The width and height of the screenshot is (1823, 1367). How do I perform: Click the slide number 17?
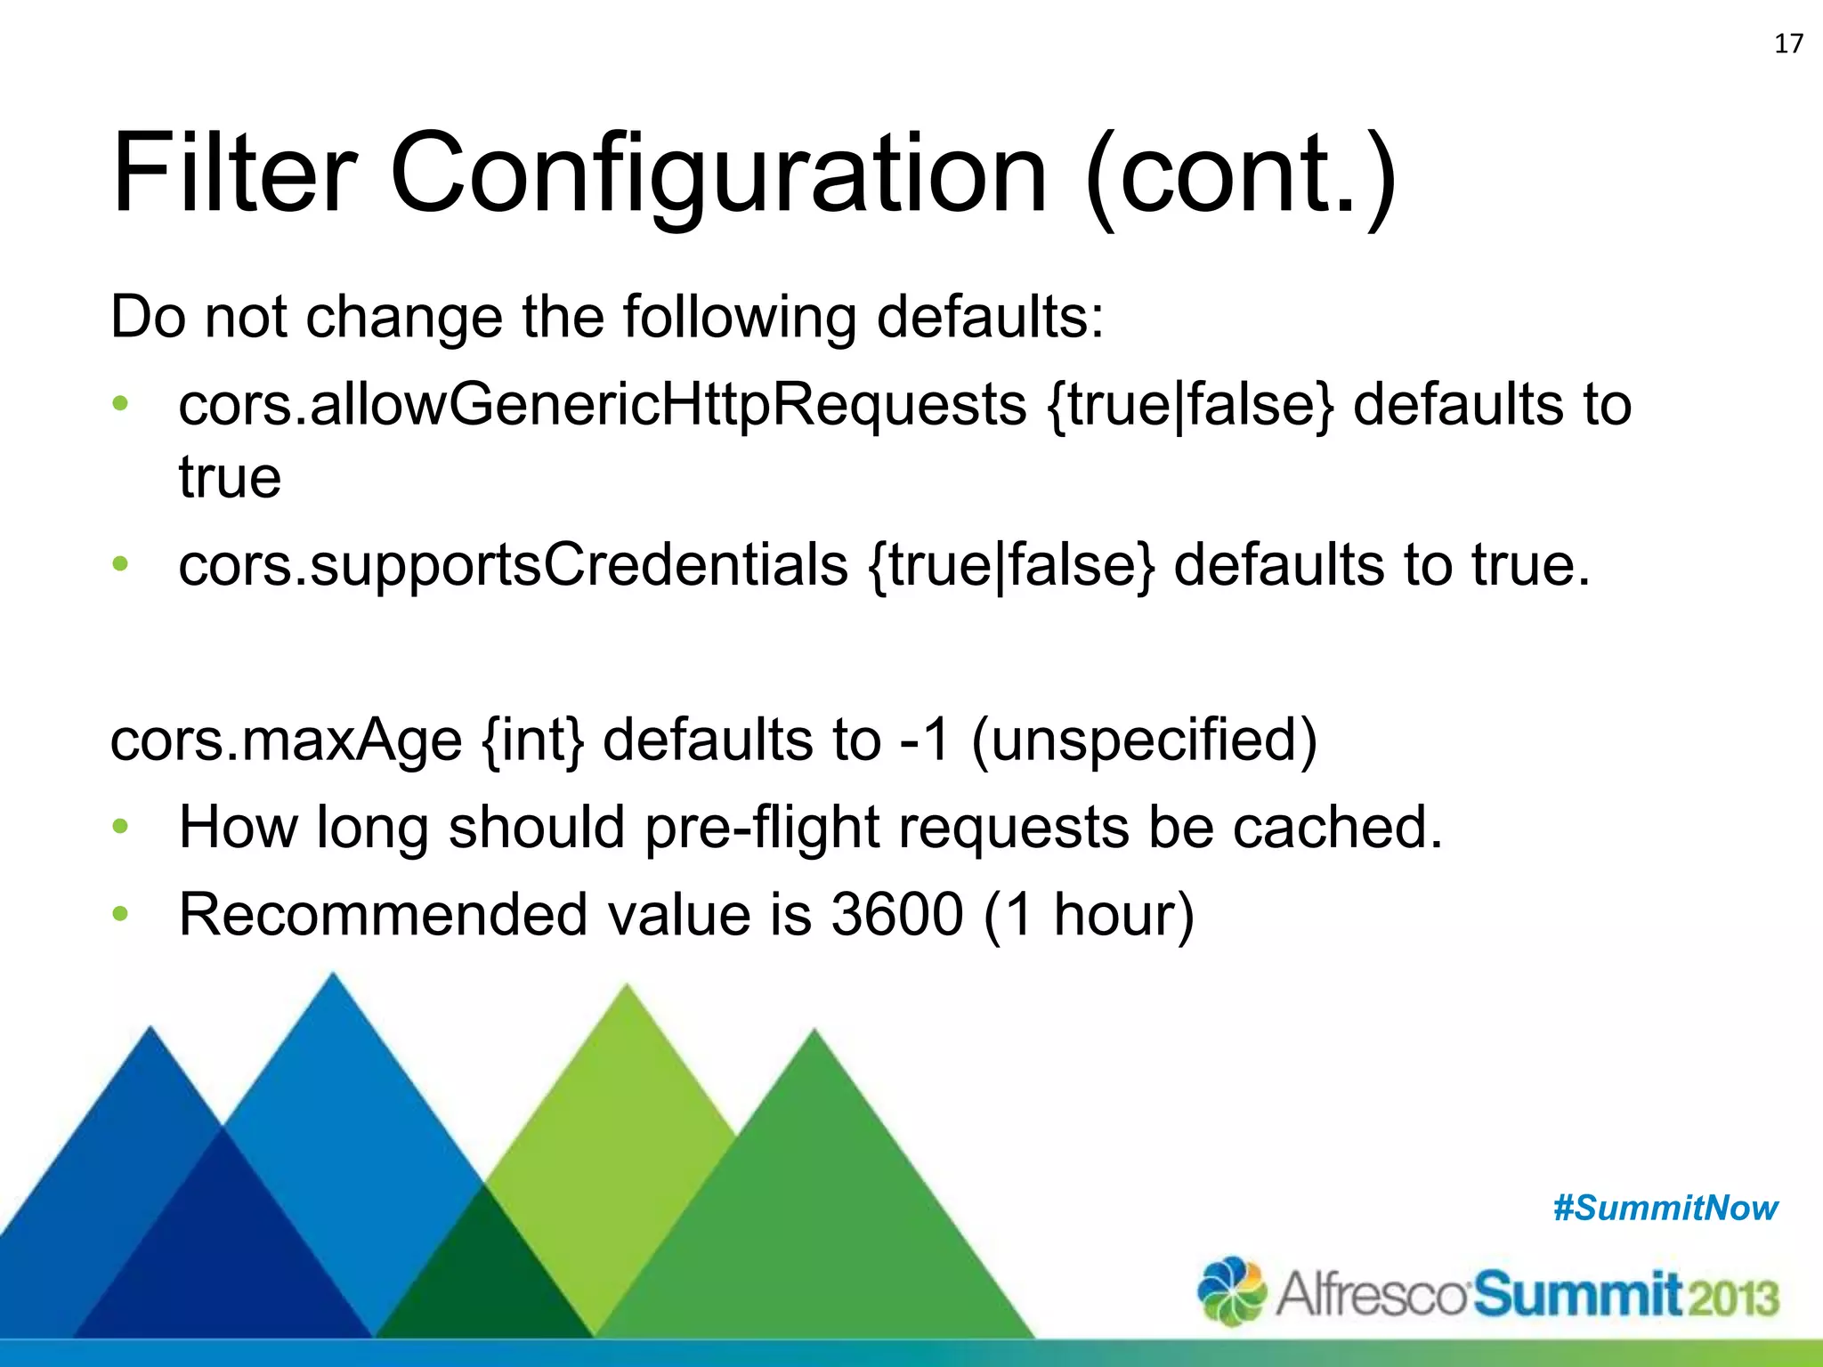click(1788, 44)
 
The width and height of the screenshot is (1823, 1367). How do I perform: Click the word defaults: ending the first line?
click(990, 317)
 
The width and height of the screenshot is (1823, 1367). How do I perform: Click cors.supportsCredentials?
click(513, 565)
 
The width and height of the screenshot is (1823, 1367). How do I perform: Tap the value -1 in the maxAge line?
click(925, 740)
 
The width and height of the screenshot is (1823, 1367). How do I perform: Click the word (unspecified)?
click(1144, 740)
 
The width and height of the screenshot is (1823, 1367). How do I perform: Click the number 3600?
click(896, 915)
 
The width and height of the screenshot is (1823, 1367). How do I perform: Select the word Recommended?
click(383, 915)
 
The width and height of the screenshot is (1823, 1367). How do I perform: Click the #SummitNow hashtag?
click(1665, 1209)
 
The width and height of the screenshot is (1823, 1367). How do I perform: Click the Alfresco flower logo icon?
click(1232, 1290)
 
